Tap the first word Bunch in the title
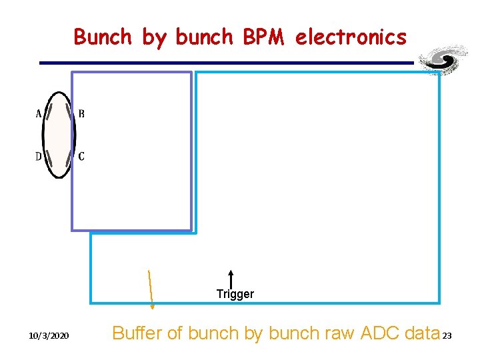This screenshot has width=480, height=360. pos(103,37)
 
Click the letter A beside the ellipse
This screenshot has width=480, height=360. pos(39,114)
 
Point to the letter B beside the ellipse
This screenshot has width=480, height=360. pos(81,114)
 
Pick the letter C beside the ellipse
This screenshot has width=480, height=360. pos(81,157)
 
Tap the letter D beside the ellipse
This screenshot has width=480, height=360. pos(39,157)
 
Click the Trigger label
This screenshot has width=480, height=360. pos(235,294)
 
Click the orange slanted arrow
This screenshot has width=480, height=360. pos(151,289)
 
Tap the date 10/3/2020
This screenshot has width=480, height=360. pos(49,335)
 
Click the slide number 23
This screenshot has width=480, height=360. pos(447,335)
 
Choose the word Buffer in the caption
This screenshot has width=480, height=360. pos(137,333)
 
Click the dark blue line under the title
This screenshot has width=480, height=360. pos(227,63)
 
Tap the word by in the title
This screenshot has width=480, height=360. pos(153,38)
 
